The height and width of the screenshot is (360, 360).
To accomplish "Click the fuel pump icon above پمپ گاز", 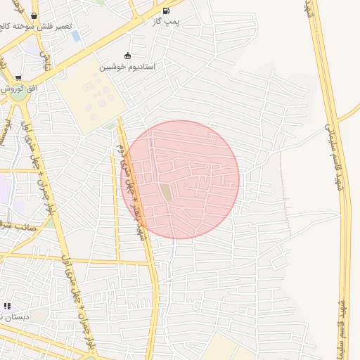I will (x=166, y=11).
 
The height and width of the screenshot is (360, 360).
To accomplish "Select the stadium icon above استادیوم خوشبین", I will (x=127, y=56).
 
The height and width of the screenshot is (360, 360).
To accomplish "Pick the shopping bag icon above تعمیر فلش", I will (x=34, y=15).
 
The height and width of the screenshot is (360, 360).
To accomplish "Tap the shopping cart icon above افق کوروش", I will (x=18, y=78).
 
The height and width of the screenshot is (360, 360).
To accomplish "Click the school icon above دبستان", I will (x=7, y=306).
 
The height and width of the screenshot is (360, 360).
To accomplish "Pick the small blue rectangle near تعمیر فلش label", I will (x=75, y=36).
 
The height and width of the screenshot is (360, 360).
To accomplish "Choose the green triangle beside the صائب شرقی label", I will (x=50, y=224).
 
